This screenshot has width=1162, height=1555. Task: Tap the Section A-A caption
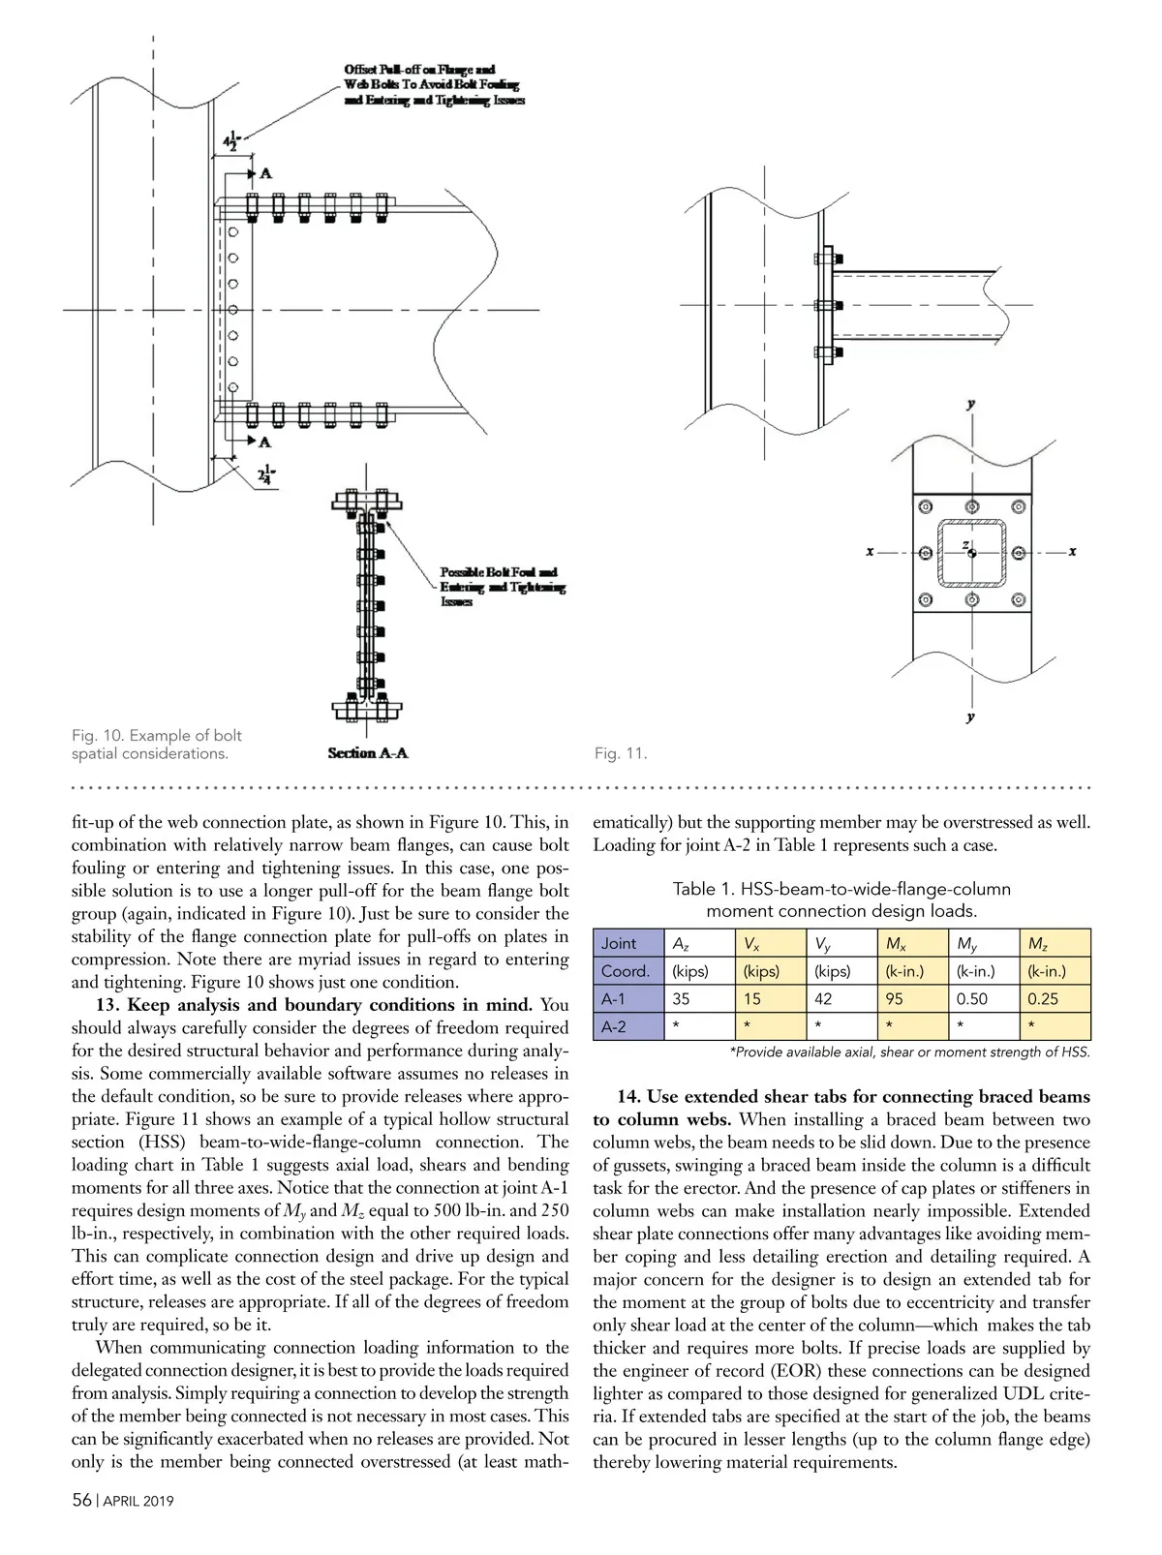point(367,753)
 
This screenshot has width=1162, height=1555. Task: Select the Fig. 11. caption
point(620,753)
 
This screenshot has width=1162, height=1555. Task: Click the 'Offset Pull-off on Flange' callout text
point(434,84)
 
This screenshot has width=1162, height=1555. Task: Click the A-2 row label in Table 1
point(614,1026)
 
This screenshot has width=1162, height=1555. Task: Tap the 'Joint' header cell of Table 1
point(619,943)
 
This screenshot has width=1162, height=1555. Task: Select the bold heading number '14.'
point(629,1097)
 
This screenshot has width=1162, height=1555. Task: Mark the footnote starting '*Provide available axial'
point(909,1052)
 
